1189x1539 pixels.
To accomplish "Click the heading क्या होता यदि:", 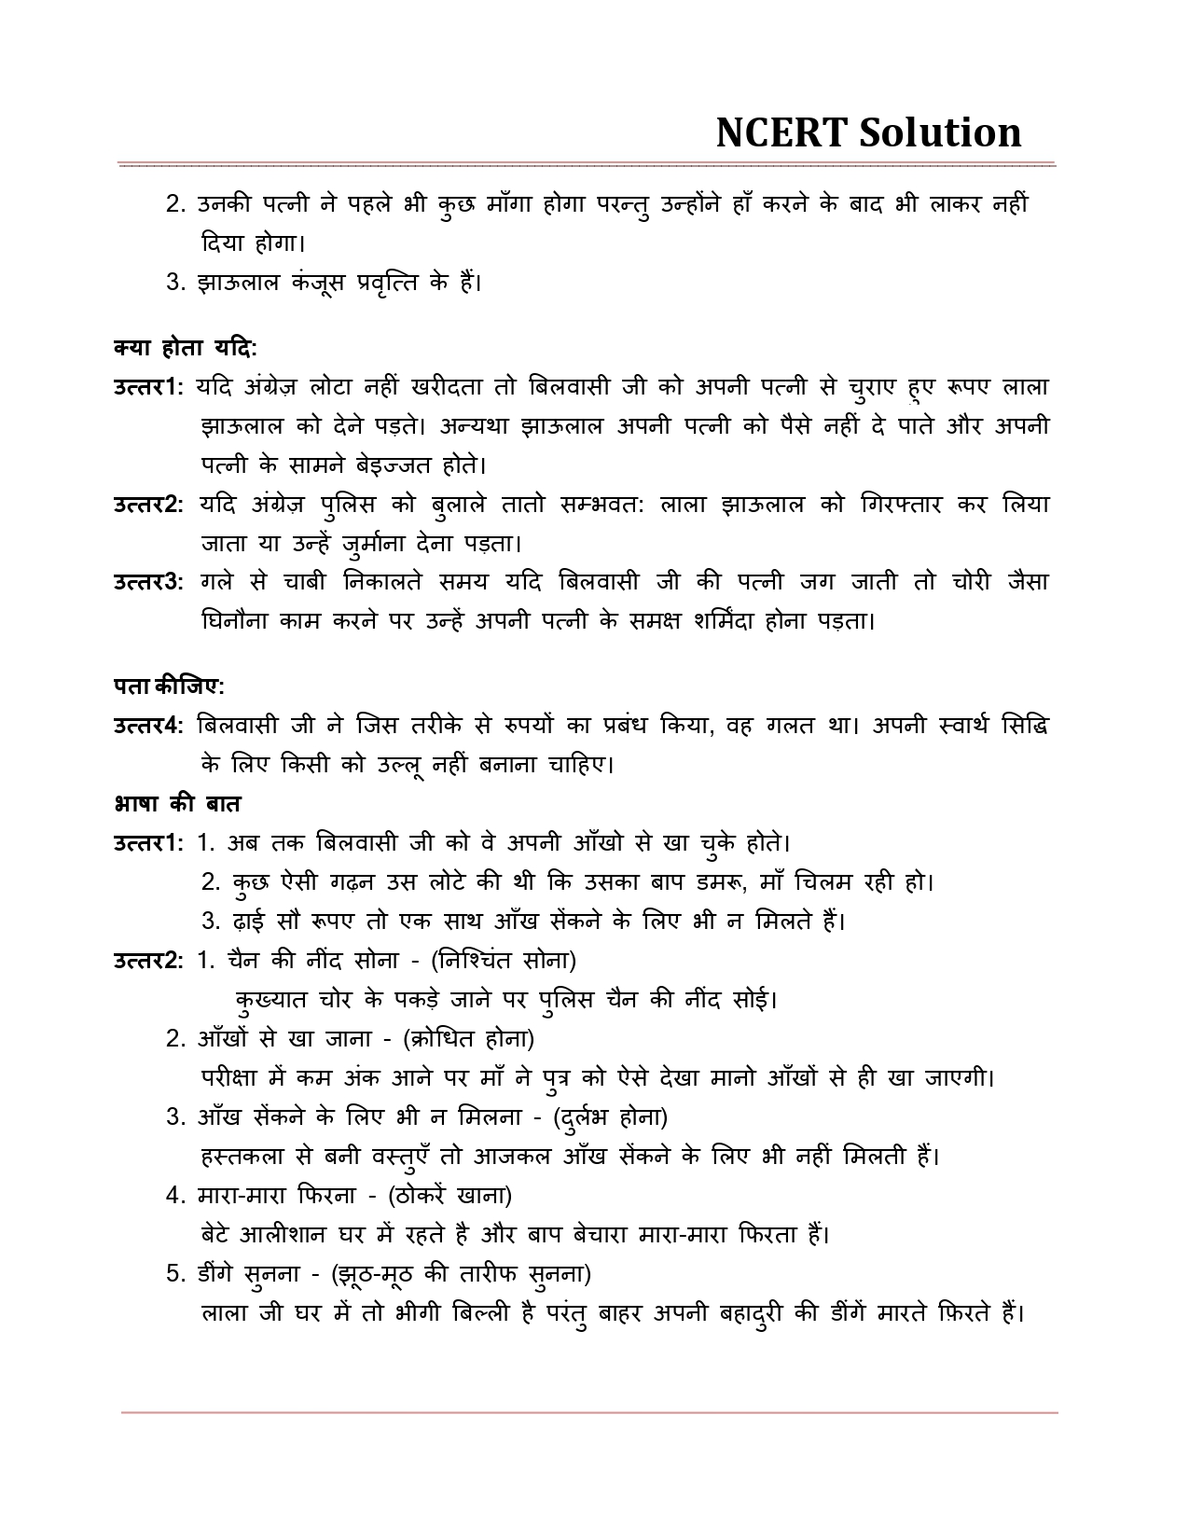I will click(185, 348).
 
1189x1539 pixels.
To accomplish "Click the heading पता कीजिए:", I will click(169, 686).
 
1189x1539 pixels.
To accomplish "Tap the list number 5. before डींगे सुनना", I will click(177, 1273).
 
